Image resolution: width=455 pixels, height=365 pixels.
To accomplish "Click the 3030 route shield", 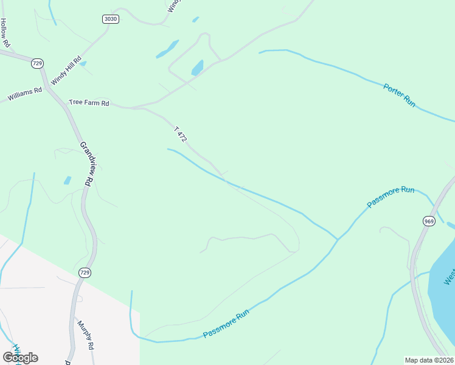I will pos(110,19).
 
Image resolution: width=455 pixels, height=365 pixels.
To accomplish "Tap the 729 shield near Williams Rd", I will pos(37,63).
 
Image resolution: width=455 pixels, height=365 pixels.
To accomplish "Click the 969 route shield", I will pos(429,221).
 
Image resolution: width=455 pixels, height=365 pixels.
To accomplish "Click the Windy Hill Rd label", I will pos(66,71).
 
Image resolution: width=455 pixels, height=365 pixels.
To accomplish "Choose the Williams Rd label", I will pos(24,94).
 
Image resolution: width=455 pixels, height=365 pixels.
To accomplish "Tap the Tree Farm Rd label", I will pos(88,103).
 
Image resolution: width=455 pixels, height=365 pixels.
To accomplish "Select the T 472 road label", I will pos(180,134).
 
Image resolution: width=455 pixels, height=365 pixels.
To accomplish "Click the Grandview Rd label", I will pos(88,164).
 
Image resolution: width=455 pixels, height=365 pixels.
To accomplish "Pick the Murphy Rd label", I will pos(85,334).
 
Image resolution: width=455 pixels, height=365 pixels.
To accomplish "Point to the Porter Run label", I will pos(399,96).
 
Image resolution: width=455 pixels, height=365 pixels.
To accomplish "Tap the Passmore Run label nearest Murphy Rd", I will pos(226,324).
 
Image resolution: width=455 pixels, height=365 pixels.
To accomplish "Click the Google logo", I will pos(20,357).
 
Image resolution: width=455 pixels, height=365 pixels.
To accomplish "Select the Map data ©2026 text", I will pos(429,360).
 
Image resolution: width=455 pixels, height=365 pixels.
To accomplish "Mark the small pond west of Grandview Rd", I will pos(67,181).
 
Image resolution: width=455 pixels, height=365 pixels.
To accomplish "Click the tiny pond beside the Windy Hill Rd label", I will pos(83,63).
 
